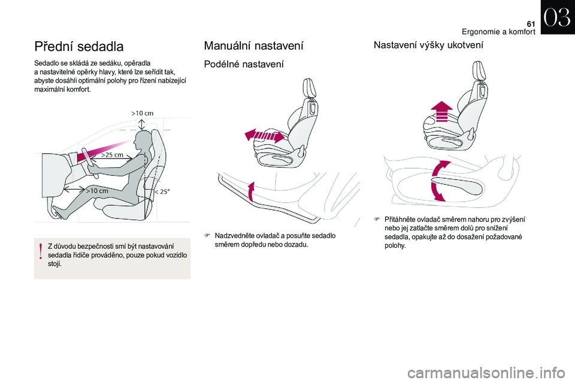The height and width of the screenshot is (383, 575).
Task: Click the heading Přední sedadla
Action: click(x=79, y=47)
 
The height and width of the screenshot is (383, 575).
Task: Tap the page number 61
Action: click(x=531, y=24)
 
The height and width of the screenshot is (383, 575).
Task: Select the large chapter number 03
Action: click(x=558, y=17)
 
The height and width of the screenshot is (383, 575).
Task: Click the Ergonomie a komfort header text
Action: click(x=498, y=32)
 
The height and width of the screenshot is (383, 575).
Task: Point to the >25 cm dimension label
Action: click(x=112, y=154)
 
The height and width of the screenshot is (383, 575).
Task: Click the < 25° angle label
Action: click(x=162, y=191)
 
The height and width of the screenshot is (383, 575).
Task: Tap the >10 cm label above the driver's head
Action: click(x=143, y=113)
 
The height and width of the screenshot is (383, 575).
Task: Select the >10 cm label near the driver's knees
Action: click(x=97, y=190)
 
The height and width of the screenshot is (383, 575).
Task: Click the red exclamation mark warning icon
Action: click(x=41, y=252)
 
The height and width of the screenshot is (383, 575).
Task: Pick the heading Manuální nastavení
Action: click(x=254, y=46)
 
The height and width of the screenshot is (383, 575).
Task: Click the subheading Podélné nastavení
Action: click(x=244, y=64)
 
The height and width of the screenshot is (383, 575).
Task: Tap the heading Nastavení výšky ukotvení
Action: click(x=428, y=45)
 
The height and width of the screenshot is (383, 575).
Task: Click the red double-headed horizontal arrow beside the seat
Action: click(x=264, y=136)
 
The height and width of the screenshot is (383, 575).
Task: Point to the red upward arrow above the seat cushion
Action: click(x=442, y=111)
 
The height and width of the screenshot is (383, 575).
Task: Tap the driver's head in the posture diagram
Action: click(x=143, y=141)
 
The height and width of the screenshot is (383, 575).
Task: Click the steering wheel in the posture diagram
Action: click(x=90, y=163)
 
